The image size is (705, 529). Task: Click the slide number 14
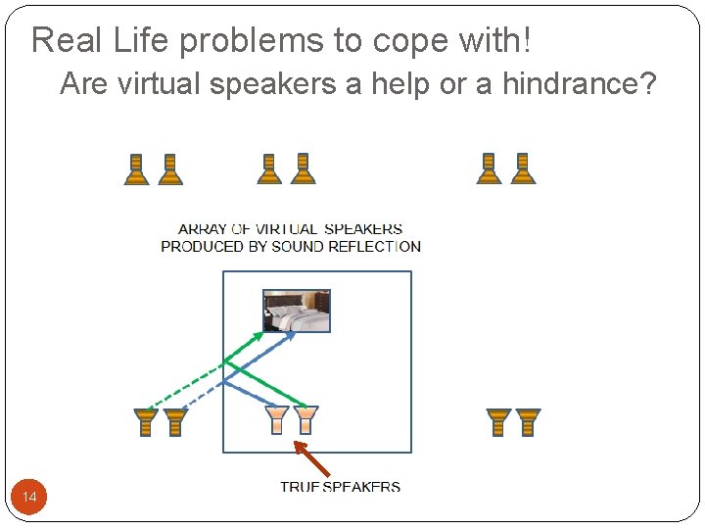tap(29, 499)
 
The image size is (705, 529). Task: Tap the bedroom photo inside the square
tap(297, 311)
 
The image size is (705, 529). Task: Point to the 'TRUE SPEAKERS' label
tap(340, 486)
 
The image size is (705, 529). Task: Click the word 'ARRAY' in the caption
tap(203, 229)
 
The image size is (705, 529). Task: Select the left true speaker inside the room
tap(277, 419)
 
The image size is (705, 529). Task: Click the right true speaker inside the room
tap(305, 419)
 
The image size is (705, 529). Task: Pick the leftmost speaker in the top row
tap(137, 169)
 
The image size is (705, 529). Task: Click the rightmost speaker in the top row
tap(523, 169)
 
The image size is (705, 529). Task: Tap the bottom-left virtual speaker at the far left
tap(146, 422)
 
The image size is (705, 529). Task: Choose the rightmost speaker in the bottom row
tap(528, 422)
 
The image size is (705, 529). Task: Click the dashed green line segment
tap(186, 385)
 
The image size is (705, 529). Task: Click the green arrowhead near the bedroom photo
tap(258, 336)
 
